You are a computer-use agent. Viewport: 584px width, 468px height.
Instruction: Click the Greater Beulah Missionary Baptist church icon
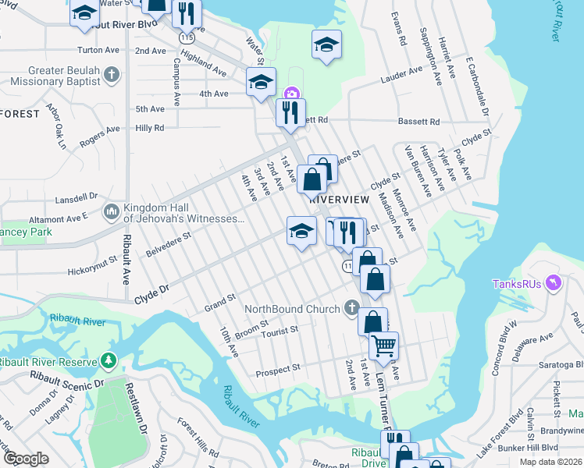point(112,75)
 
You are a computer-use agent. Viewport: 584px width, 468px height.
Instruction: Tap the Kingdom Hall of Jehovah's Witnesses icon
point(111,211)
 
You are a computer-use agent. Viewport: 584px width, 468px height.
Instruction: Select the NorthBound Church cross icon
point(352,308)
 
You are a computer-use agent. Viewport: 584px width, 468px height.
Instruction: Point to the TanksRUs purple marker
point(554,282)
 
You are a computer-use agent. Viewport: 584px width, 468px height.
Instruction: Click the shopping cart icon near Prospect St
point(383,345)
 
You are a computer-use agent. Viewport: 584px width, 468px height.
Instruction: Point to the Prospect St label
point(279,368)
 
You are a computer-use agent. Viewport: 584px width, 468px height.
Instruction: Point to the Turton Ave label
point(98,49)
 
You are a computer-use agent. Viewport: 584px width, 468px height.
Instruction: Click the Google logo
point(27,458)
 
